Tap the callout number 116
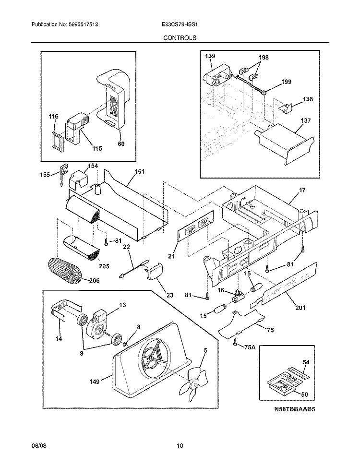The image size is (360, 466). click(53, 117)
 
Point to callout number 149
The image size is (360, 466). click(94, 382)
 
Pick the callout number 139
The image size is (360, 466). click(210, 57)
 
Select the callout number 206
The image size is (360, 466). click(94, 281)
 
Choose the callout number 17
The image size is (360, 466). click(302, 190)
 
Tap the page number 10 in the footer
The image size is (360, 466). click(180, 446)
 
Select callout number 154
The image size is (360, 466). click(93, 166)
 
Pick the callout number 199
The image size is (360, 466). click(286, 82)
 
